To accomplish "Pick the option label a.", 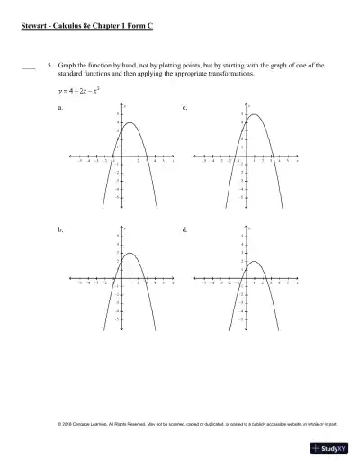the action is tap(59, 107).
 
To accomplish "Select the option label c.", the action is tap(184, 107).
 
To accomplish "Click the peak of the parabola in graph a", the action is tap(130, 123).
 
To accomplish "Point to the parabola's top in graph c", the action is tap(256, 115).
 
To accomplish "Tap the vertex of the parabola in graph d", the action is tap(254, 261).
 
